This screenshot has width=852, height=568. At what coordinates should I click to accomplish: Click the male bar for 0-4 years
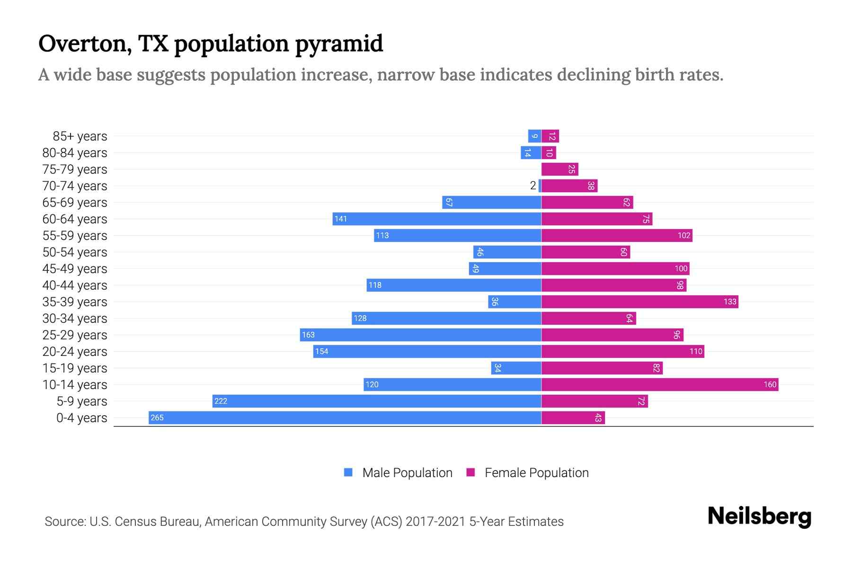(345, 417)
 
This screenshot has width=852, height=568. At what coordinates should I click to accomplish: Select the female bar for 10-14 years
(660, 384)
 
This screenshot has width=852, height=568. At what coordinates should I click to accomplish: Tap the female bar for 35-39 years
(639, 302)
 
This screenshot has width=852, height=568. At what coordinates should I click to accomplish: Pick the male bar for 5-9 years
(377, 401)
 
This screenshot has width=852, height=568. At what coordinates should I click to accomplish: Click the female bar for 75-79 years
(559, 169)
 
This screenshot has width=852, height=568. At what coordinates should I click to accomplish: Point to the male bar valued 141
(436, 219)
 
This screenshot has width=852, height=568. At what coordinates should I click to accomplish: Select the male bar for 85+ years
(534, 136)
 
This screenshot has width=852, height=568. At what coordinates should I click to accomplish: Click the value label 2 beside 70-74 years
(533, 186)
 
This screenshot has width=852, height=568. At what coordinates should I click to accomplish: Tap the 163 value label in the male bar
(308, 335)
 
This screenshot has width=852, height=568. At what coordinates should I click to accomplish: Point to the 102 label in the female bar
(684, 235)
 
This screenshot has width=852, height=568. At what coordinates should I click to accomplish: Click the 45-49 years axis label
(75, 268)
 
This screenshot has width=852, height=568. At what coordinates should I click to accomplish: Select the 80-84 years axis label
(75, 152)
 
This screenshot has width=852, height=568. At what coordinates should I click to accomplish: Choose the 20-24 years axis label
(75, 351)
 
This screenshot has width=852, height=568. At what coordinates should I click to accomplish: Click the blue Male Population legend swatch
(348, 472)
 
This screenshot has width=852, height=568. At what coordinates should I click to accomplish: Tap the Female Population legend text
(536, 472)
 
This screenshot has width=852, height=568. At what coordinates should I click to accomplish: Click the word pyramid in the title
(339, 44)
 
